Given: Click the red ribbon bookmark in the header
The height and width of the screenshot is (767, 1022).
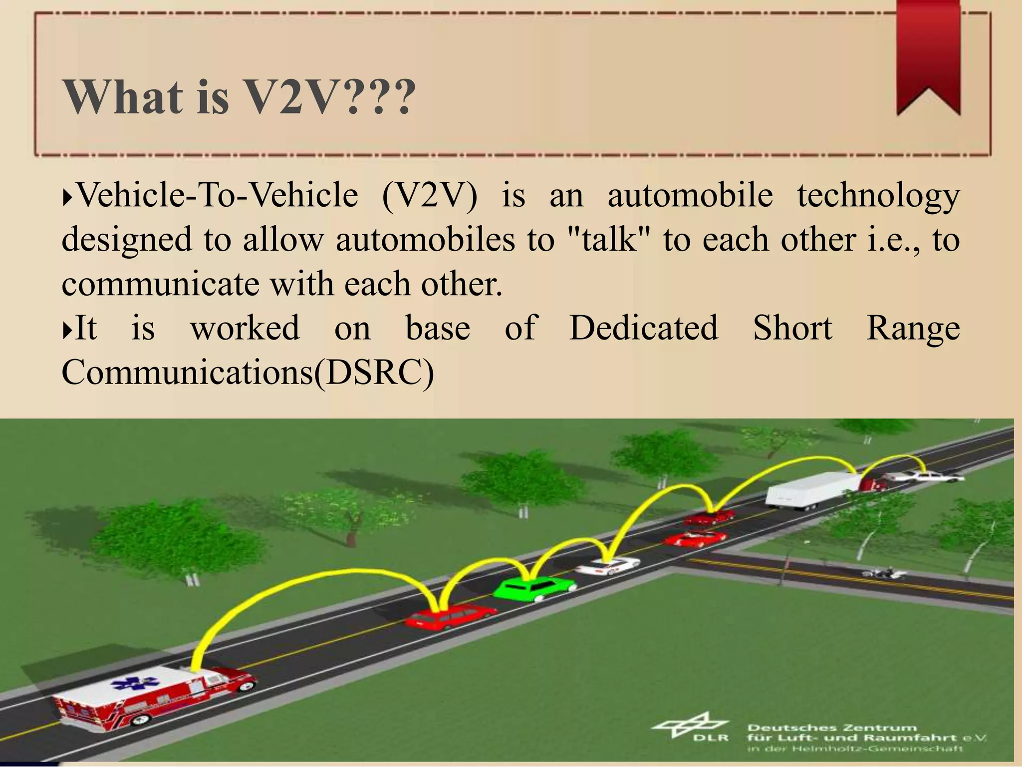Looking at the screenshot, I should pyautogui.click(x=928, y=55).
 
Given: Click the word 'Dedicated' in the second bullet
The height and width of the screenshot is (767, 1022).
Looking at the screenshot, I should pyautogui.click(x=644, y=329).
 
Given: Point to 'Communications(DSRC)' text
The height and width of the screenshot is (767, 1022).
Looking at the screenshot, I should pyautogui.click(x=248, y=373).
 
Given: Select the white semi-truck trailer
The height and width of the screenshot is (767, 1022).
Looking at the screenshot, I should pyautogui.click(x=811, y=489).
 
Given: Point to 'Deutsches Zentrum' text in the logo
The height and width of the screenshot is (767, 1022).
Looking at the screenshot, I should pyautogui.click(x=832, y=728).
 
